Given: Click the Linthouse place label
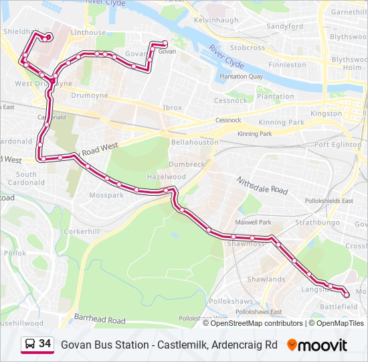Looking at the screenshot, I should click(x=88, y=32).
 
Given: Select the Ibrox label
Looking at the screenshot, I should click(x=172, y=107).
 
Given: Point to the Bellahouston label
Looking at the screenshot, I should click(x=195, y=142).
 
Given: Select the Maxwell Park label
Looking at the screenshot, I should click(x=253, y=222).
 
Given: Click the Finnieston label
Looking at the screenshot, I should click(x=287, y=65).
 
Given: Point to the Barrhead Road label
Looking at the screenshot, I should click(x=100, y=320).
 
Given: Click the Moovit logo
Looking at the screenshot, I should click(x=317, y=345).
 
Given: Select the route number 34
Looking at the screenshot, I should click(x=45, y=344).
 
